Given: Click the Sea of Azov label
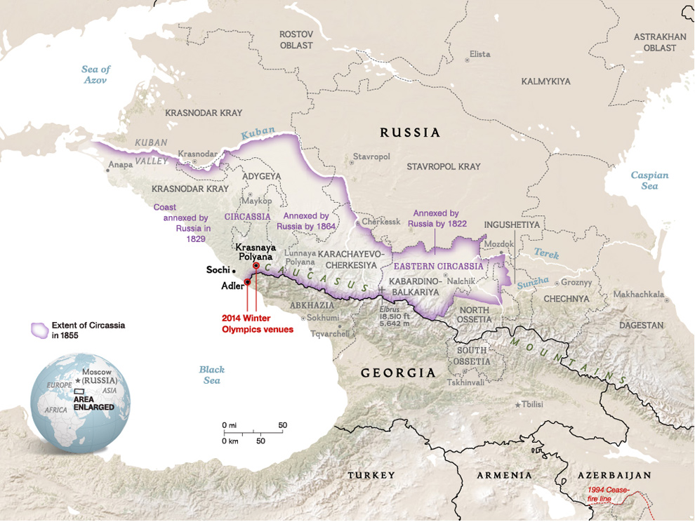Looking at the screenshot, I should tap(95, 74).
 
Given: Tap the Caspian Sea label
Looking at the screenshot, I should tap(649, 180).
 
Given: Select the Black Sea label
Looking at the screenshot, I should tap(211, 375).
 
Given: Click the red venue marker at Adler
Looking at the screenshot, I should tap(247, 282).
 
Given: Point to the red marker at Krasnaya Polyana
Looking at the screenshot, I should tap(256, 266).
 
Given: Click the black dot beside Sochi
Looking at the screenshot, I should tap(234, 270).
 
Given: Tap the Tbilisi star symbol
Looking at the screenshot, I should tap(519, 405).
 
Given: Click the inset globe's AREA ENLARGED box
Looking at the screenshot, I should tap(79, 391).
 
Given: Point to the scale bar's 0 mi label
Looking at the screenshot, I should tap(229, 425).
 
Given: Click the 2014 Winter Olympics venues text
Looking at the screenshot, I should tap(257, 323).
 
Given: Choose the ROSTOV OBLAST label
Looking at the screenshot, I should tap(296, 39).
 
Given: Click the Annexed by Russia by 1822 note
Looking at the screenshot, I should tap(435, 218).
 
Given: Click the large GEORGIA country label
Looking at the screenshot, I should tap(398, 373).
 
